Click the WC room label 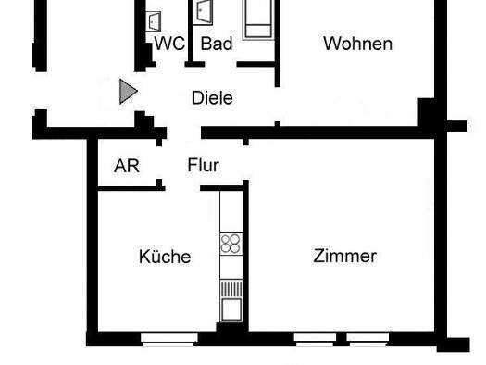coord(169,44)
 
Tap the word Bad coord(217,44)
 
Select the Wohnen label coord(357,44)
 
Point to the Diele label coord(212,98)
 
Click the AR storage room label coord(127,166)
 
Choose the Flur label coord(204,165)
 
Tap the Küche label coord(165,257)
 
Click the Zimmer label coord(344,257)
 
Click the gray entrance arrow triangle coord(129,92)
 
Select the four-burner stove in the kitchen coord(231,244)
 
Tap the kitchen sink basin coord(231,308)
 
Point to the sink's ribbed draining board coord(231,289)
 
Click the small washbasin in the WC coord(153,21)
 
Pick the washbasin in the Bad coord(203,12)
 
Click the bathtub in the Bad coord(258,19)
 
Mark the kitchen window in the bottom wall coord(168,339)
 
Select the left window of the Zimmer coord(315,339)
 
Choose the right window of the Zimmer coord(368,339)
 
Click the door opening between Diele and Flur coord(184,132)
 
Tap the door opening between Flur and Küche coord(182,188)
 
